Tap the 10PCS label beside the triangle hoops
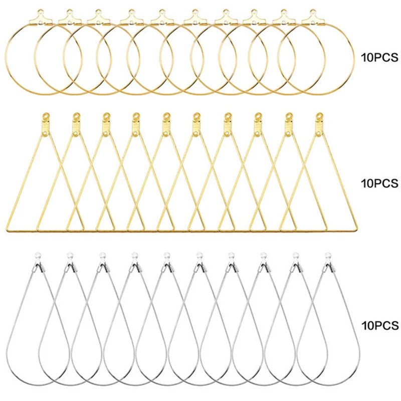(378, 183)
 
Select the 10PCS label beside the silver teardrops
(378, 326)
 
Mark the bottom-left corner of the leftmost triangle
(8, 230)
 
